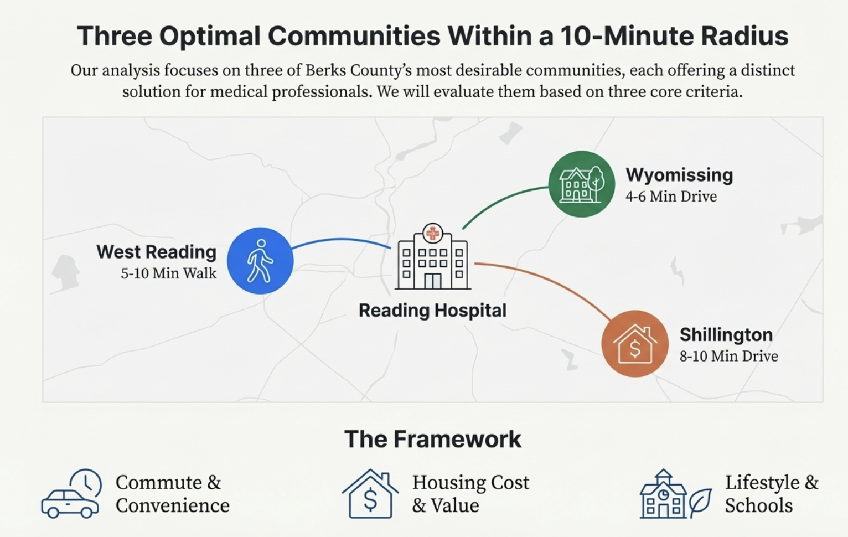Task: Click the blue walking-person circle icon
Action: pos(260,261)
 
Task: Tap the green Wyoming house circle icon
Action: pos(581,184)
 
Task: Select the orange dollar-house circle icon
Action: pos(634,344)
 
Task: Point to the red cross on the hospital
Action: pos(432,234)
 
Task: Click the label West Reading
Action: pos(156,252)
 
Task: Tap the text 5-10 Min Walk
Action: pos(169,273)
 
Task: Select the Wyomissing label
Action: pos(679,175)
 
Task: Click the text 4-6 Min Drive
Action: pos(671,197)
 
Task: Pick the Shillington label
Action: pos(726,335)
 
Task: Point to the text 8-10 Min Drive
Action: pos(728,356)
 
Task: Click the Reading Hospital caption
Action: pos(432,311)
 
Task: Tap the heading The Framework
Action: pos(432,440)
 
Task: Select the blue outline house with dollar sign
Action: pos(370,494)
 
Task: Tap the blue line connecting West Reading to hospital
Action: pos(340,240)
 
